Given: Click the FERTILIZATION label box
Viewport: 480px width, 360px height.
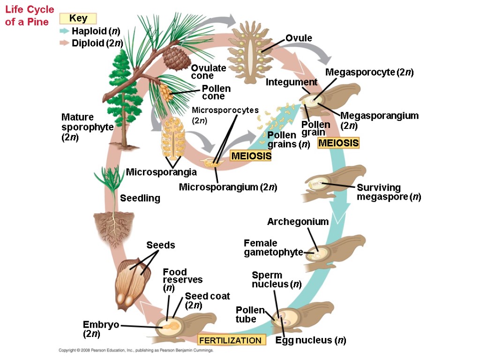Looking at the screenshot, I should (x=231, y=340).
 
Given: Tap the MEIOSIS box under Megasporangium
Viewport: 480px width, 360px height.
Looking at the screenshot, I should (x=338, y=143).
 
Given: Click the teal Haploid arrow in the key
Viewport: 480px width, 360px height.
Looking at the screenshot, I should (x=64, y=31).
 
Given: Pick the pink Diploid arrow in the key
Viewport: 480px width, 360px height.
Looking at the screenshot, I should (x=64, y=44).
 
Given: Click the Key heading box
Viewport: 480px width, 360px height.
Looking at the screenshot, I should (x=78, y=19).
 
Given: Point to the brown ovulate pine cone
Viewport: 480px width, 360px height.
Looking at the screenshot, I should (x=171, y=56).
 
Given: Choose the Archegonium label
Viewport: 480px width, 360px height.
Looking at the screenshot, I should (x=298, y=222).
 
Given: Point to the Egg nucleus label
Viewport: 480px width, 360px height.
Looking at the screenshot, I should (x=311, y=340).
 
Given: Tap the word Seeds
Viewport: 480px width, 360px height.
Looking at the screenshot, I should (x=160, y=245).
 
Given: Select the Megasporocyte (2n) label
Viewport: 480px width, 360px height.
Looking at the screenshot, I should (x=369, y=72).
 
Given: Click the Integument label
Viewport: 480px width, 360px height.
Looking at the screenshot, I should (x=291, y=82).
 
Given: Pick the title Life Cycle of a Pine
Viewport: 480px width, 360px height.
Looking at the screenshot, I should (x=30, y=15).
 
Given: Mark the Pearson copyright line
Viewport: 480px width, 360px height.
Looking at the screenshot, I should (x=136, y=350).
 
